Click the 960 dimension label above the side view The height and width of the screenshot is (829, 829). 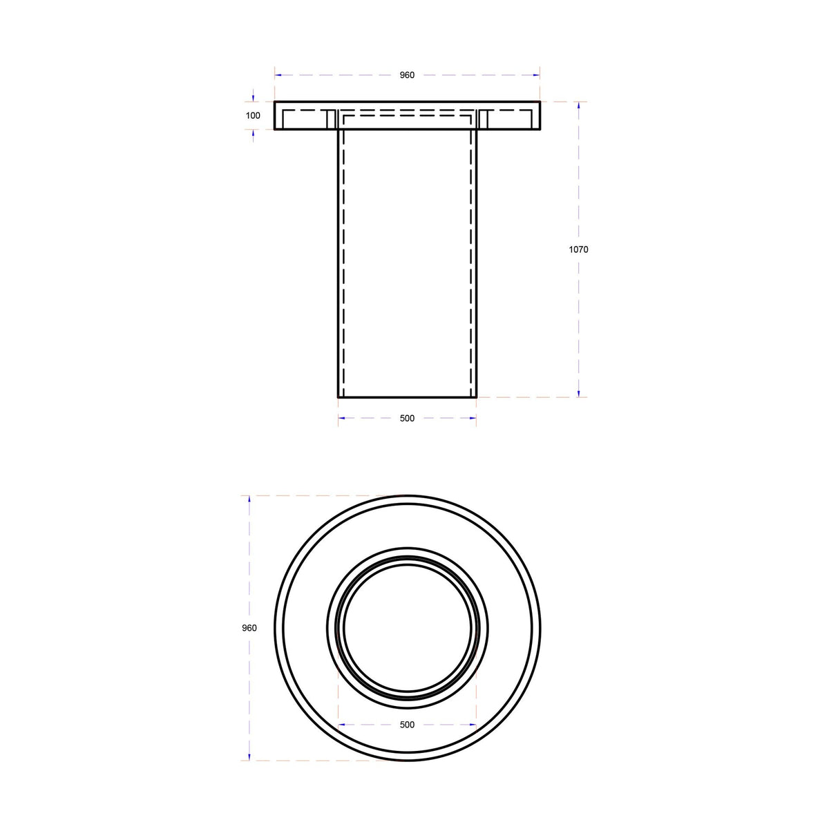pyautogui.click(x=407, y=75)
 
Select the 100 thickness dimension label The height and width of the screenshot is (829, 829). pyautogui.click(x=253, y=115)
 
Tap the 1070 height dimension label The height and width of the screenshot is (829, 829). pyautogui.click(x=578, y=249)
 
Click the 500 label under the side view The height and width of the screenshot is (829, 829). pyautogui.click(x=407, y=418)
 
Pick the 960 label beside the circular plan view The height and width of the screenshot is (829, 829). pyautogui.click(x=249, y=628)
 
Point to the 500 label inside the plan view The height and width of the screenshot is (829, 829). pyautogui.click(x=407, y=725)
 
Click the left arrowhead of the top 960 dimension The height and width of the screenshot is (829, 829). pyautogui.click(x=278, y=75)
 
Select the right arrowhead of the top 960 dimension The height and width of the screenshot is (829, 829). pyautogui.click(x=537, y=75)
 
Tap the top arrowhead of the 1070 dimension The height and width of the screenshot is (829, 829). pyautogui.click(x=579, y=105)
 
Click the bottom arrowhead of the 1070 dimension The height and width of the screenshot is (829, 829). pyautogui.click(x=579, y=394)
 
